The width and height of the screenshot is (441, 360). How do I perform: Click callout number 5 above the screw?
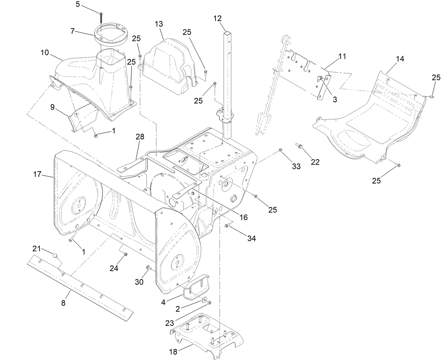point(78,4)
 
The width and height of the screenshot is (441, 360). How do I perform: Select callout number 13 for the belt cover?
point(159,24)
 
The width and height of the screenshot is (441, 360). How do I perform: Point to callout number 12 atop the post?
point(218,18)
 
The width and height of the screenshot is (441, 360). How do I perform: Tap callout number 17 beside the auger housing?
point(38,174)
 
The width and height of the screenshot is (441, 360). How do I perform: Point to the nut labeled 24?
point(125,255)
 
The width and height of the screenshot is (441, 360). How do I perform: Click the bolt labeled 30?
point(148,269)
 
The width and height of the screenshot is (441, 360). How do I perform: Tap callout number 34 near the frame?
point(251,238)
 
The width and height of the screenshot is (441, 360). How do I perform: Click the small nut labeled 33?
point(280,151)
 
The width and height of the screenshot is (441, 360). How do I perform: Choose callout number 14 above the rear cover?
point(400,59)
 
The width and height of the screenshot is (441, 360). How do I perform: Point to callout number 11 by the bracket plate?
point(342,56)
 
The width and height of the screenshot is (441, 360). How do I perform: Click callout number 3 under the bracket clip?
point(335,99)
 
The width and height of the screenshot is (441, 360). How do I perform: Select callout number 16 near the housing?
point(244,217)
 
